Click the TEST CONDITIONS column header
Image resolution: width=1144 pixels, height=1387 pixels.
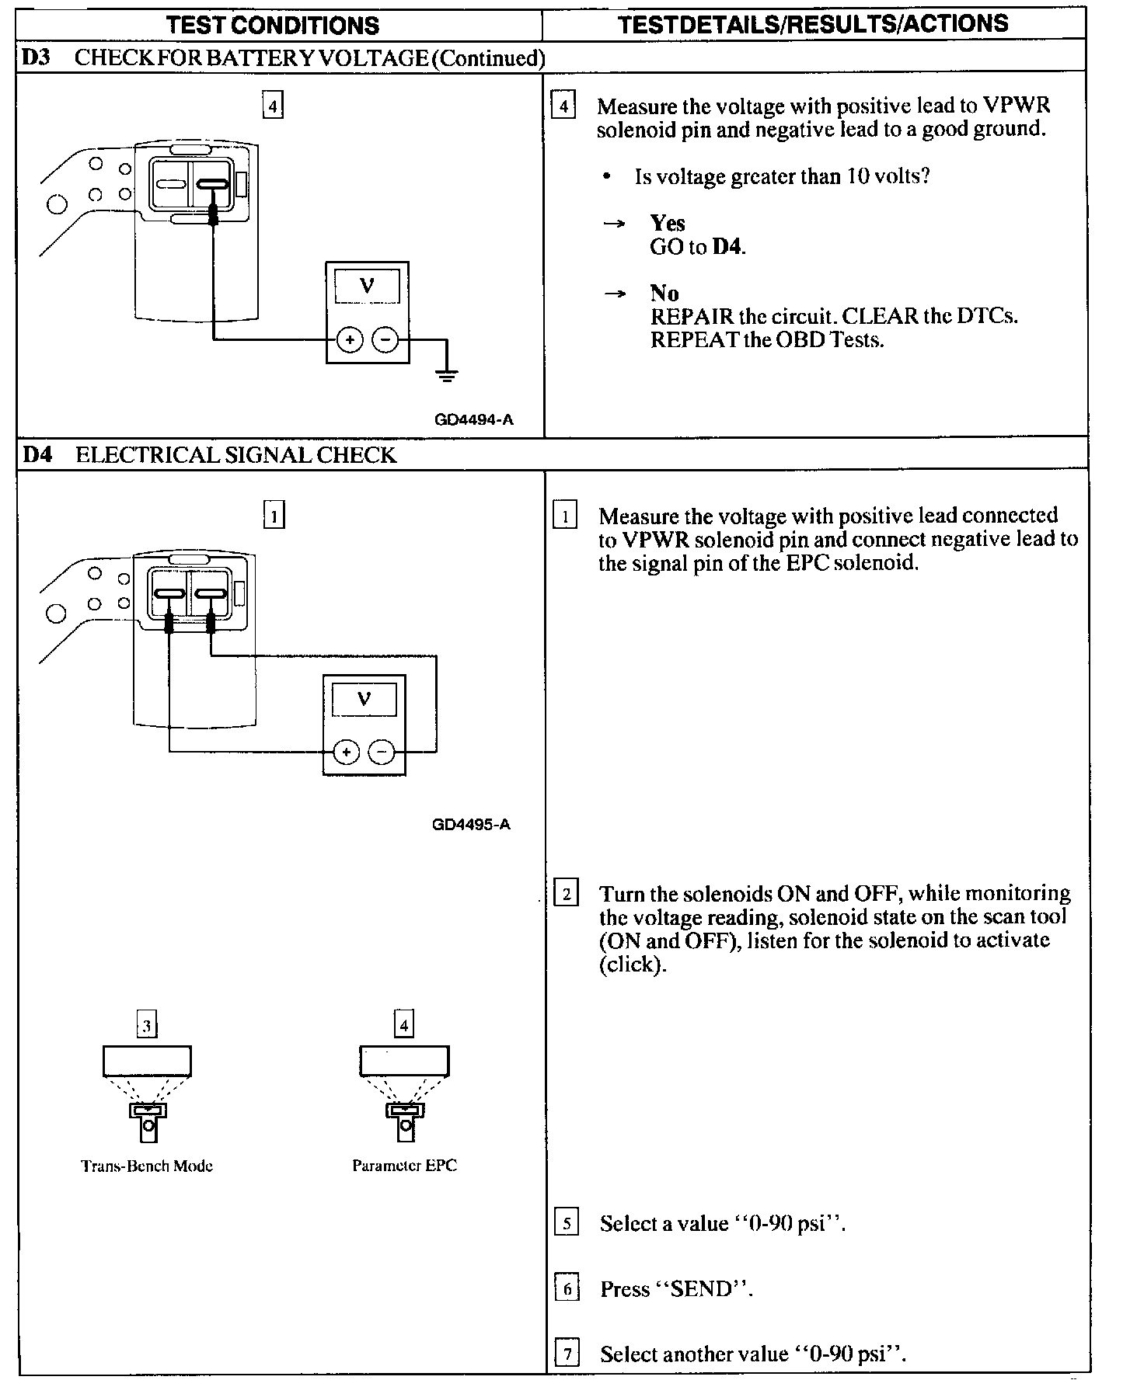coord(273,25)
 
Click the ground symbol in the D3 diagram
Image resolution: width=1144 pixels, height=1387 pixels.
coord(446,376)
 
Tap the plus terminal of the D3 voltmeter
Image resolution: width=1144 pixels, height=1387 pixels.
coord(350,339)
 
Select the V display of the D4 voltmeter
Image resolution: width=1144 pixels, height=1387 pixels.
coord(364,698)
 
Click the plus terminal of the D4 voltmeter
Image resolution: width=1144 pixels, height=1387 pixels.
coord(347,752)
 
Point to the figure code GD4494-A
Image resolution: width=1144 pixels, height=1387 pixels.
coord(474,420)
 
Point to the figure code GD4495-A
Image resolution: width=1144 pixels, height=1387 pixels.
coord(471,825)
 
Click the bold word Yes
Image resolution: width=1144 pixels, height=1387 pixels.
coord(668,224)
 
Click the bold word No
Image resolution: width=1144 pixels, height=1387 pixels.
coord(664,293)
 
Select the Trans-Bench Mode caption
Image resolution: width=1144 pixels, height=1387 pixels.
coord(147,1166)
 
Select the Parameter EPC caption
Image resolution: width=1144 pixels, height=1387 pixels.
coord(404,1166)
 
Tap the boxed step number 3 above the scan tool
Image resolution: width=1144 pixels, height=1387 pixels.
coord(147,1026)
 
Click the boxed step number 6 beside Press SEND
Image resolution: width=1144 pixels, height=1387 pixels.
coord(567,1290)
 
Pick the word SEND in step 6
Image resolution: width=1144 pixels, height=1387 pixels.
coord(701,1290)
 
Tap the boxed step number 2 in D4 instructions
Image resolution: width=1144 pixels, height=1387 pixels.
coord(566,894)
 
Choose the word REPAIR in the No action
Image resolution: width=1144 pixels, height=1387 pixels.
coord(692,316)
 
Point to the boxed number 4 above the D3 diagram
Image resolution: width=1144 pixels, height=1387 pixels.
coord(273,106)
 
